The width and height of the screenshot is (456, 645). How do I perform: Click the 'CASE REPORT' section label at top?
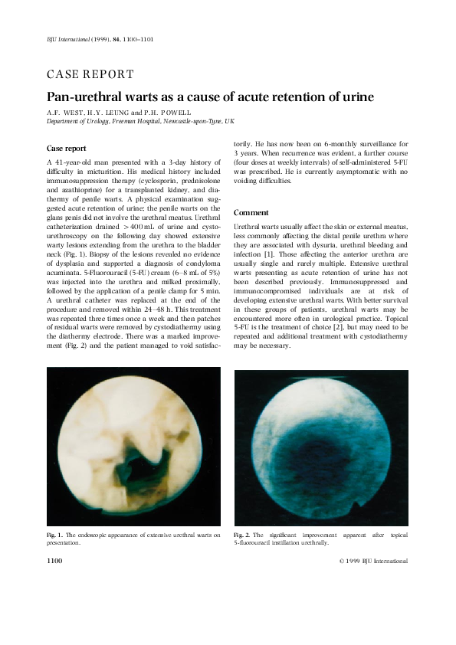90,74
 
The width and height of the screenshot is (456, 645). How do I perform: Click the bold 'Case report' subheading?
67,148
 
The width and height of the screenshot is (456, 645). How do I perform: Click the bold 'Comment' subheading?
251,212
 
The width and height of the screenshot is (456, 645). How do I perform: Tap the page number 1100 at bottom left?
54,561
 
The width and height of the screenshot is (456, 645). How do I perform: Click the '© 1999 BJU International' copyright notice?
372,561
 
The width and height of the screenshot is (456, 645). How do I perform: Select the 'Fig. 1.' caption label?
54,534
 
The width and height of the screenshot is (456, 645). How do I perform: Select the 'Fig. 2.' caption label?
241,534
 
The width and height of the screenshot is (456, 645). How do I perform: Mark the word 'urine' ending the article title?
356,97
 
